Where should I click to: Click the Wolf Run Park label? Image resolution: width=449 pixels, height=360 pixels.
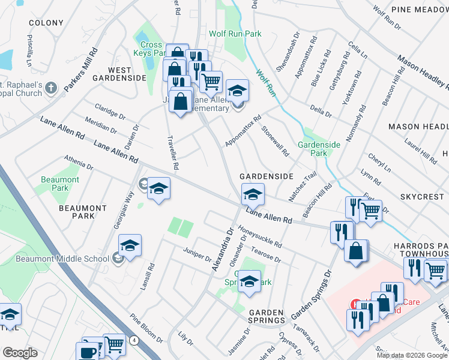click(235, 34)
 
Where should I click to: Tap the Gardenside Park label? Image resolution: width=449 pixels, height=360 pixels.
click(319, 149)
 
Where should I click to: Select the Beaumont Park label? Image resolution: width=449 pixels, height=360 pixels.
click(60, 184)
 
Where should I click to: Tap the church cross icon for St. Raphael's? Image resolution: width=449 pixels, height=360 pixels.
click(50, 88)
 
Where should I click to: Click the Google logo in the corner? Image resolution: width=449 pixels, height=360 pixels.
click(20, 353)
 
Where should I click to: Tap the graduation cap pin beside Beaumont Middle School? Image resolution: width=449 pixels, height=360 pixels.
click(130, 246)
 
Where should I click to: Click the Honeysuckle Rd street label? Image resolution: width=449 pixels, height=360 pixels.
click(259, 236)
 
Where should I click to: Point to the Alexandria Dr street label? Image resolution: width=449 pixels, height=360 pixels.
click(222, 248)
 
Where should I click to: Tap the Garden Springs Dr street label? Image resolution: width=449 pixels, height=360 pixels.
click(312, 295)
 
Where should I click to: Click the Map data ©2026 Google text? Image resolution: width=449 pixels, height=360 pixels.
click(411, 355)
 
